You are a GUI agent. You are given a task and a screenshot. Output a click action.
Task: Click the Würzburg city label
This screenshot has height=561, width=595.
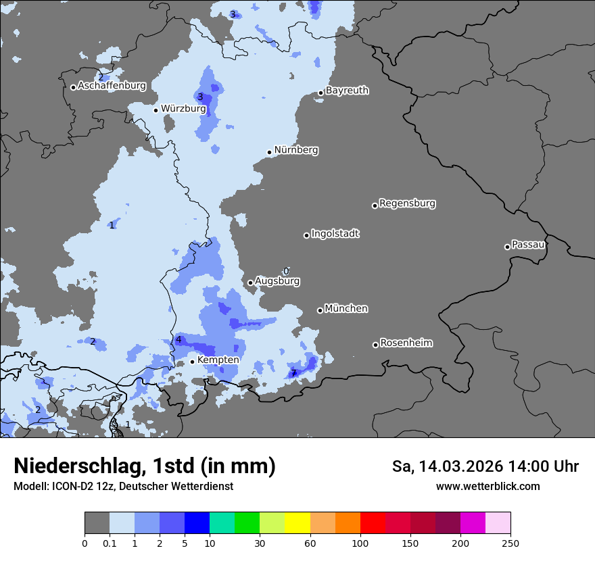pos(183,108)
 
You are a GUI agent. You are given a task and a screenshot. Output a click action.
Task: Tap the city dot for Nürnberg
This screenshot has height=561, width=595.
pos(269,152)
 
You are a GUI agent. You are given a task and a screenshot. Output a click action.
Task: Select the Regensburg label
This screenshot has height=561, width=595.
pos(407,203)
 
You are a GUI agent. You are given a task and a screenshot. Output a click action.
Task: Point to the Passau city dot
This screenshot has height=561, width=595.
pos(507,247)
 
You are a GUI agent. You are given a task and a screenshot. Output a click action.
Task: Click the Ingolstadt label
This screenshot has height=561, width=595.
pos(335,234)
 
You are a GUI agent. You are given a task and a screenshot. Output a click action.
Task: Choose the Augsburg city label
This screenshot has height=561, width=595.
pos(277,281)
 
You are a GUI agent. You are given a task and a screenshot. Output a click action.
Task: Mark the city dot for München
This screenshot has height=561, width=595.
pos(320,310)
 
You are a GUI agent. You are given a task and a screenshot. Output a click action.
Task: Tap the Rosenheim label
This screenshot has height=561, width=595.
pos(406,343)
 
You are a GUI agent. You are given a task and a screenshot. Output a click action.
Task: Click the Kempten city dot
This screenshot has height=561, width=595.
pos(192,362)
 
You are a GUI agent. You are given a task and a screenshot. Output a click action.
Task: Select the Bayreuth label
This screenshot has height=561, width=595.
pos(347,91)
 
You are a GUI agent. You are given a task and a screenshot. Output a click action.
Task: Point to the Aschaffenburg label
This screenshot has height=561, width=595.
pos(112,86)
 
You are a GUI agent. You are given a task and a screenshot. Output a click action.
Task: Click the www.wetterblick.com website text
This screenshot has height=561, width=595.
pos(487,486)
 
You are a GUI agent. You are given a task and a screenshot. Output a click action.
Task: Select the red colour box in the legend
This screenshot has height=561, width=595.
pos(373,523)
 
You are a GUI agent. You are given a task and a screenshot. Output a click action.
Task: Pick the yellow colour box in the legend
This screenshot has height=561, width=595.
pos(297,523)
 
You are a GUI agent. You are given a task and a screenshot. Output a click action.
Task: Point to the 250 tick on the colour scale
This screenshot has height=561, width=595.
pos(510,543)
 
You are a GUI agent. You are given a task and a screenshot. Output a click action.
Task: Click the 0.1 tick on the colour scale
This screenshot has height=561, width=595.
pos(110,543)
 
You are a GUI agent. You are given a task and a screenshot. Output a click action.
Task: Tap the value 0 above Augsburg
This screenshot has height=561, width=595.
pos(286,270)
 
